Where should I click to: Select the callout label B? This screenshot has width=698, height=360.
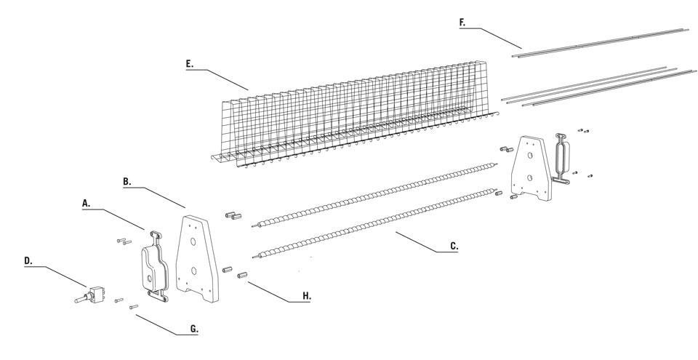click(128, 181)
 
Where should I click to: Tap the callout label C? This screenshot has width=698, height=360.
click(454, 246)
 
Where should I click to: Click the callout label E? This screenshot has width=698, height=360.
click(190, 64)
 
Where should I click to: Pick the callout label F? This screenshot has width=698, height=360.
click(462, 23)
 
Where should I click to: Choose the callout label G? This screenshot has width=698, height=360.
click(194, 329)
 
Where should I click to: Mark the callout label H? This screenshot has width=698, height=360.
click(307, 296)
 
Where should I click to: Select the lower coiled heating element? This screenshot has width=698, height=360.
click(374, 222)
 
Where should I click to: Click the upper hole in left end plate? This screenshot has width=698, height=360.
click(196, 239)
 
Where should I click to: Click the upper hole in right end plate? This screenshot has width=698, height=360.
click(531, 154)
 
